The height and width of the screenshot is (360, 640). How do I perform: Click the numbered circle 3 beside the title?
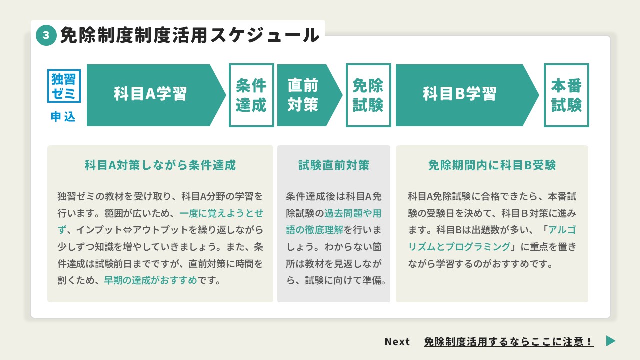click(x=46, y=35)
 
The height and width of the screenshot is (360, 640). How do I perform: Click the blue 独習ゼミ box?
click(x=64, y=86)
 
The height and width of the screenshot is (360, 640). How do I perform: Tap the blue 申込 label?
click(x=63, y=117)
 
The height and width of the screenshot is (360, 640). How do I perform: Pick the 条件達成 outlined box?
click(x=251, y=95)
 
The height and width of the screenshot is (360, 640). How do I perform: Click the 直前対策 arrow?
click(x=309, y=95)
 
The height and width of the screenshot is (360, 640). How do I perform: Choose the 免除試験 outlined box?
click(x=368, y=95)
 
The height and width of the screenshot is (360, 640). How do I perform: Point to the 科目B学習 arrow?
click(x=467, y=95)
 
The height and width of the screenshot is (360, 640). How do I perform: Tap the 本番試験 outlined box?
click(x=566, y=95)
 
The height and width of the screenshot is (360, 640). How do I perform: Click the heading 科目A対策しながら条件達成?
click(x=160, y=165)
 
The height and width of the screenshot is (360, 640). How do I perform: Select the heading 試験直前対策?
click(x=334, y=165)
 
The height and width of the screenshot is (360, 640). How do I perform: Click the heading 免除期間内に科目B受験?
click(x=492, y=165)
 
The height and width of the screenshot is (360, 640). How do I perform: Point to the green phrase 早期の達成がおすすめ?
click(x=150, y=280)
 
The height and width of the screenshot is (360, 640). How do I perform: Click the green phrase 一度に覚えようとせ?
click(x=221, y=213)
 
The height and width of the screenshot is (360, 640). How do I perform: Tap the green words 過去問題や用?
click(x=353, y=213)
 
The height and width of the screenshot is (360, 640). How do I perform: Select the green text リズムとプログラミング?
click(x=459, y=247)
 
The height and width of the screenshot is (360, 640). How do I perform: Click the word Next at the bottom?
click(x=397, y=341)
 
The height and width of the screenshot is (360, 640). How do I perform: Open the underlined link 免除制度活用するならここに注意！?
click(x=509, y=341)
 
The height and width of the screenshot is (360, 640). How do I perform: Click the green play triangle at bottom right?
click(x=611, y=341)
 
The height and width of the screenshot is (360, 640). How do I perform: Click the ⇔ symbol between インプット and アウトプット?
click(x=127, y=230)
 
